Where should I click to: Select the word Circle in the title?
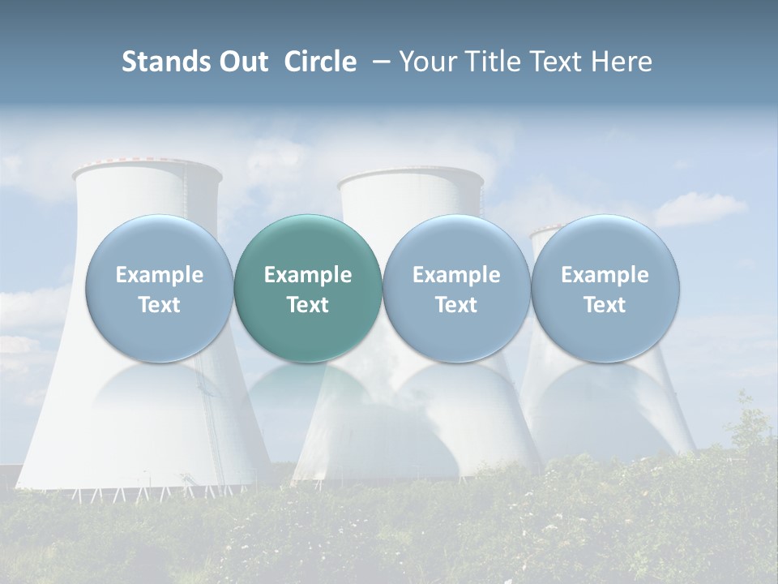[x=320, y=62]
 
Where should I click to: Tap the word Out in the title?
[x=242, y=62]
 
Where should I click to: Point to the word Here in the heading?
[x=622, y=62]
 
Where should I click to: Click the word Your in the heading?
[x=430, y=62]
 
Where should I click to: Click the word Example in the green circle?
[x=308, y=275]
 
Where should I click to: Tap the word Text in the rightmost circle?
[x=605, y=305]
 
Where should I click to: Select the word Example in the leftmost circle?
[x=159, y=275]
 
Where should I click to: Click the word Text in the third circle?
[x=456, y=305]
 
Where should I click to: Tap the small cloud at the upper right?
[x=699, y=209]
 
